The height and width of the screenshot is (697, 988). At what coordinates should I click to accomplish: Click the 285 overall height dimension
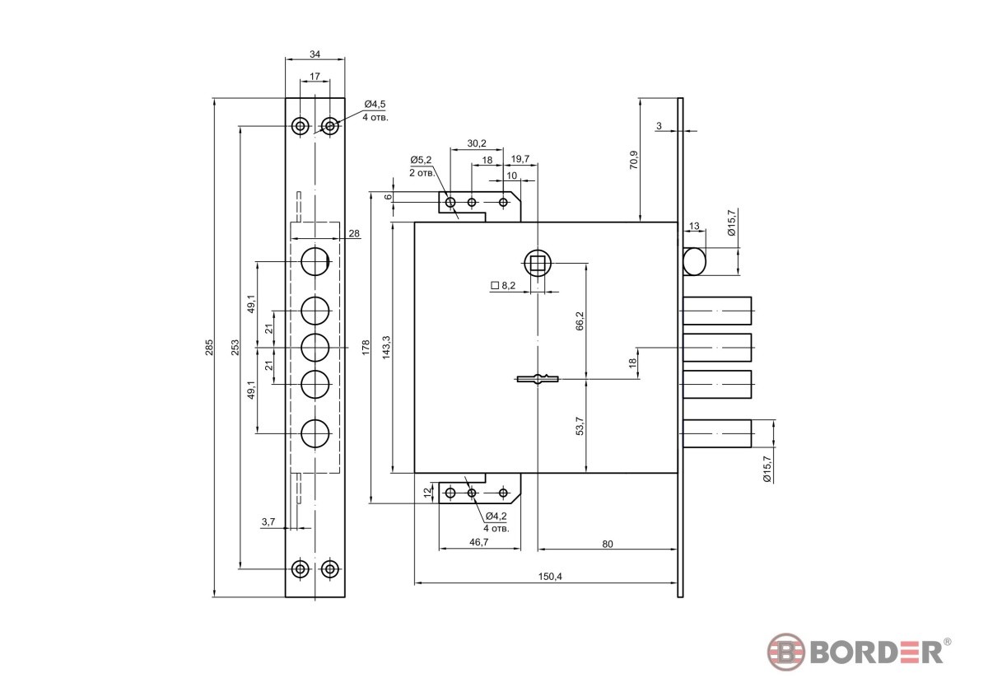coord(209,347)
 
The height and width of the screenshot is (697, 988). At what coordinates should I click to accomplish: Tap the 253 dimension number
coord(235,347)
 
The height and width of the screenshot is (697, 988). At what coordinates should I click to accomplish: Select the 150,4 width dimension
coord(550,577)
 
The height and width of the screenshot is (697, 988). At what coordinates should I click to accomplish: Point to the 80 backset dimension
coord(608,545)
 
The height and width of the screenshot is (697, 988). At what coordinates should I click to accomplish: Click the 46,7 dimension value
coord(478,542)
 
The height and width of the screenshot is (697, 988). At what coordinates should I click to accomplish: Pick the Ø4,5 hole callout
coord(375,104)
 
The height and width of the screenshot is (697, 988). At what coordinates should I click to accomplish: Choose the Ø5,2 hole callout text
coord(421,159)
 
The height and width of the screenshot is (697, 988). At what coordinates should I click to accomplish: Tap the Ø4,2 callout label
coord(496,516)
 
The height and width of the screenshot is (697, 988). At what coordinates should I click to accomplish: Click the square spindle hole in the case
coord(537,263)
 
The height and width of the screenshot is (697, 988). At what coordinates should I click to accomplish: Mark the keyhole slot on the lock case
coord(537,379)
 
